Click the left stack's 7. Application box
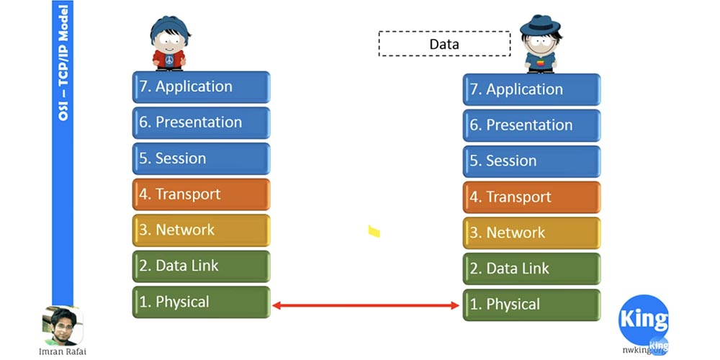click(201, 86)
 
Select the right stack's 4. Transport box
click(531, 197)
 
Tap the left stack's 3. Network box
click(201, 230)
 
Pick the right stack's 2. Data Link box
click(531, 269)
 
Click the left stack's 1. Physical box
click(201, 302)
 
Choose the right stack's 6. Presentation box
click(531, 125)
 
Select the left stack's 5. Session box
click(201, 158)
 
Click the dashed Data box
click(444, 44)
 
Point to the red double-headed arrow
click(366, 306)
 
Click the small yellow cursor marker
click(374, 231)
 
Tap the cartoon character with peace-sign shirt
click(169, 43)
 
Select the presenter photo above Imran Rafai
click(62, 326)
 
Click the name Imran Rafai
click(62, 352)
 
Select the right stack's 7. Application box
click(531, 90)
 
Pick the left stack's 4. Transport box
click(201, 194)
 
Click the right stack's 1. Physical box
click(531, 305)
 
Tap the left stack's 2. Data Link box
click(201, 266)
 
